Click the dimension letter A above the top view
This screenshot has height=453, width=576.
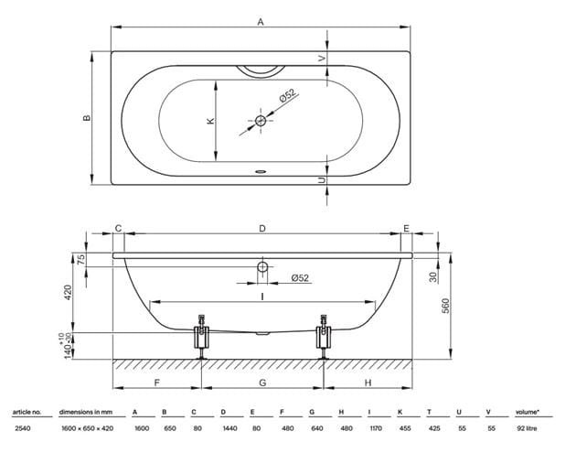tap(261, 22)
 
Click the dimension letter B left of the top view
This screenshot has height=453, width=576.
tap(87, 118)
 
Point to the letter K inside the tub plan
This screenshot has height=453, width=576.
tap(210, 121)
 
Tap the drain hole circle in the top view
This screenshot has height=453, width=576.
tap(261, 120)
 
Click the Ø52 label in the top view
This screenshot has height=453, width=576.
tap(288, 95)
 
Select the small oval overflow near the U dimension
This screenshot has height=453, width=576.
tap(261, 171)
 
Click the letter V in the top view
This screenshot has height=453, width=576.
tap(322, 58)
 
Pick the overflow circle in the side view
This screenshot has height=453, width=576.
tap(262, 266)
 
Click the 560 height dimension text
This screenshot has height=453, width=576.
tap(445, 306)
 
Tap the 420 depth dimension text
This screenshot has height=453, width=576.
tap(68, 293)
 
